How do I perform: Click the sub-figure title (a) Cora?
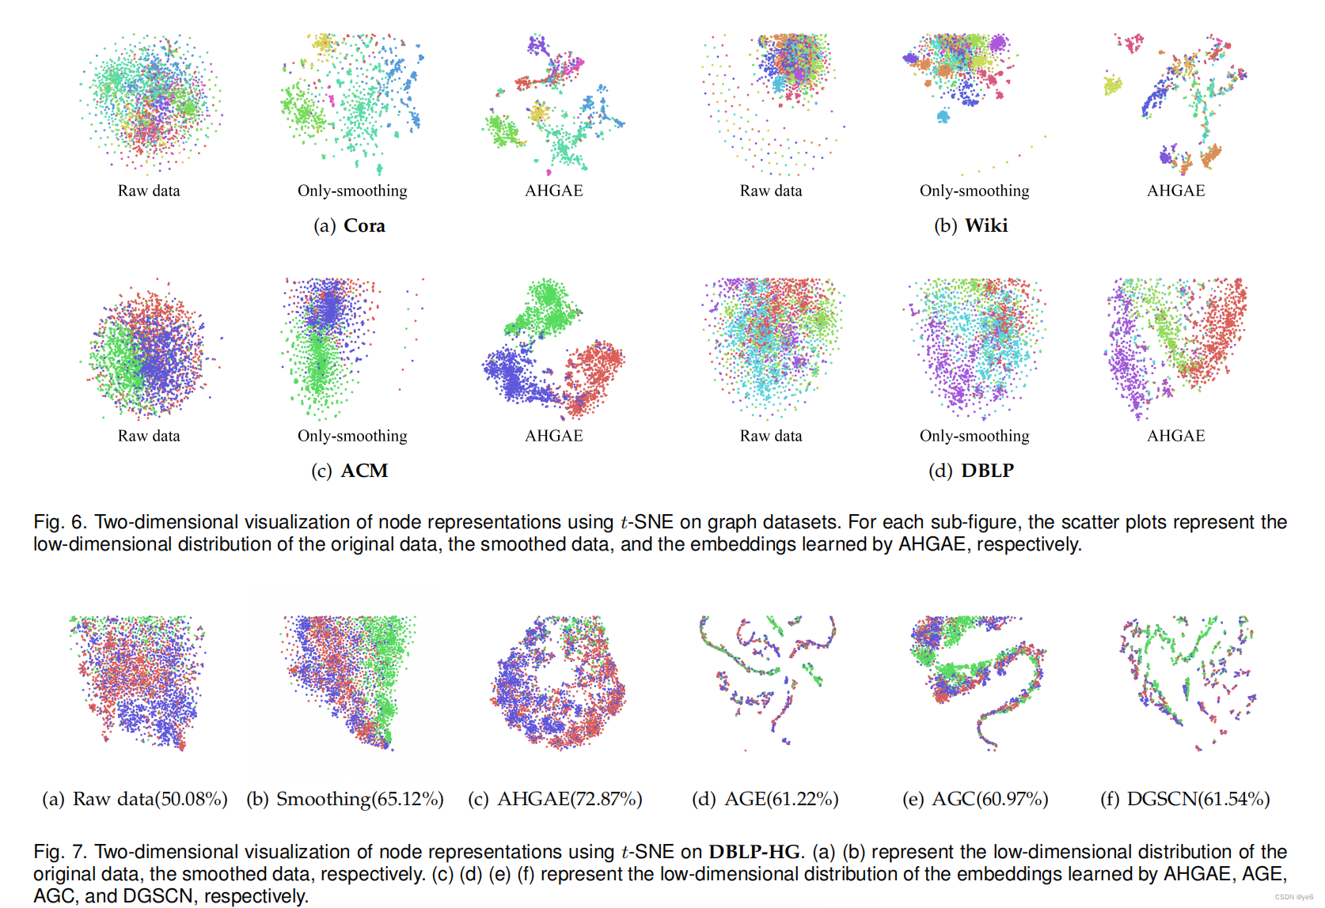point(349,225)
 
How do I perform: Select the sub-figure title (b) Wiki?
point(970,225)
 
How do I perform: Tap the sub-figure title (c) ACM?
point(349,471)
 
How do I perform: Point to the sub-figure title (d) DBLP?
point(970,471)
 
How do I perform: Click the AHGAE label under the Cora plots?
point(554,191)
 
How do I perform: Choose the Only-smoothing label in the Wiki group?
point(974,191)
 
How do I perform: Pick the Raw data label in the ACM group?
point(149,436)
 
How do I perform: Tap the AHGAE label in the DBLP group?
point(1176,436)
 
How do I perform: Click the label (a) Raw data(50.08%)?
point(135,799)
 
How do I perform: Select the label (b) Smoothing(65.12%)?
point(345,799)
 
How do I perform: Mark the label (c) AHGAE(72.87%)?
point(555,799)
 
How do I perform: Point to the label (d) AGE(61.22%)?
point(765,799)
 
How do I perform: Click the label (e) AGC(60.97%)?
point(975,799)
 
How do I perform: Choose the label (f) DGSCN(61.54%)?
point(1185,799)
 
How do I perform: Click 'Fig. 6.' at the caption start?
point(59,522)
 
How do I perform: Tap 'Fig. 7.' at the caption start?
point(59,852)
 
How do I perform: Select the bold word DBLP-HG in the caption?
point(754,852)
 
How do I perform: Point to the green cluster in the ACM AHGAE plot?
point(546,308)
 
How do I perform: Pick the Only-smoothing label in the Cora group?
point(352,191)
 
